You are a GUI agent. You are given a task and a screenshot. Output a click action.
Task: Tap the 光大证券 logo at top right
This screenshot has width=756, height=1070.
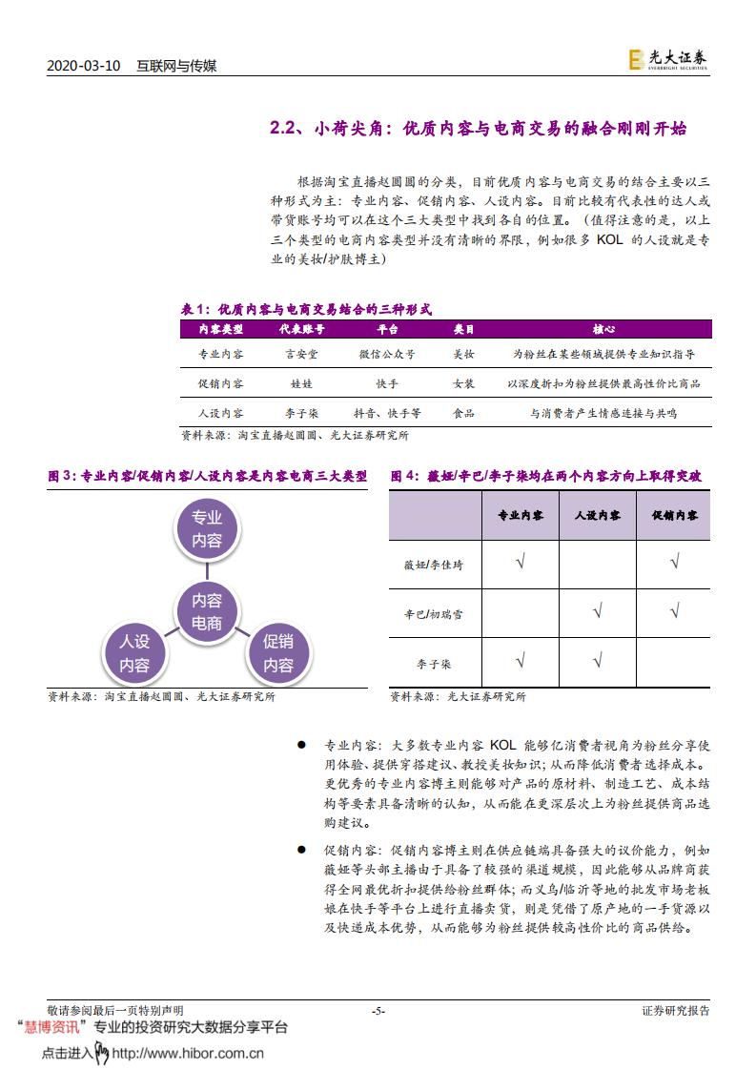tap(667, 59)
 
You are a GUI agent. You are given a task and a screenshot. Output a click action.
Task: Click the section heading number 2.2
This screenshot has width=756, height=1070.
tap(285, 129)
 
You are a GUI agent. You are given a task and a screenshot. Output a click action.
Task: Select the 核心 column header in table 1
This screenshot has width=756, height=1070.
tap(603, 329)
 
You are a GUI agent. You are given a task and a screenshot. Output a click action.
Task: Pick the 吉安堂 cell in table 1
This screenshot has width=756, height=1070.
tap(301, 354)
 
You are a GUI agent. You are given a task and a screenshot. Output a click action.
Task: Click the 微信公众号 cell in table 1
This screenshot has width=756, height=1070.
tap(386, 354)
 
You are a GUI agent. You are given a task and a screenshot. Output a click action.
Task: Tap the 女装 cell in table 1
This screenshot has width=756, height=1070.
tap(463, 383)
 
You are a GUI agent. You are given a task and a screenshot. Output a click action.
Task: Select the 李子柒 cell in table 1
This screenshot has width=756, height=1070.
tap(301, 413)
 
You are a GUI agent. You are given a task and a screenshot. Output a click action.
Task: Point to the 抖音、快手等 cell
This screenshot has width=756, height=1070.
tap(386, 413)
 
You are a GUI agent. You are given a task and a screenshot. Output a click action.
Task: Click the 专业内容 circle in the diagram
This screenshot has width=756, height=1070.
tap(207, 529)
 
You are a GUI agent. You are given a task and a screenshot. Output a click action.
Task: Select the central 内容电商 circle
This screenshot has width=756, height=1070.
tap(207, 611)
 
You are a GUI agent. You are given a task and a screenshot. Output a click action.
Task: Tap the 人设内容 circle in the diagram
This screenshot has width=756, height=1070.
tap(135, 653)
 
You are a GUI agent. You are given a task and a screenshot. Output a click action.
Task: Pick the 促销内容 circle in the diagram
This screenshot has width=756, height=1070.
tap(278, 653)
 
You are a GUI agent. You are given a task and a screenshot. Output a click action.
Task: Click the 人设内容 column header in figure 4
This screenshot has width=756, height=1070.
tap(597, 515)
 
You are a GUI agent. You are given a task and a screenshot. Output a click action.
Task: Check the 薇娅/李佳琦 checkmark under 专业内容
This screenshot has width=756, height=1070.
tap(521, 563)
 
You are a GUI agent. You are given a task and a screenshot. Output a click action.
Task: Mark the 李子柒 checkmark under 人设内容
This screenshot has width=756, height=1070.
tap(597, 659)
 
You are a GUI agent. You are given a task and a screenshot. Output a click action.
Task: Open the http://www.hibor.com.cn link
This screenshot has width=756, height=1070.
tap(188, 1054)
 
